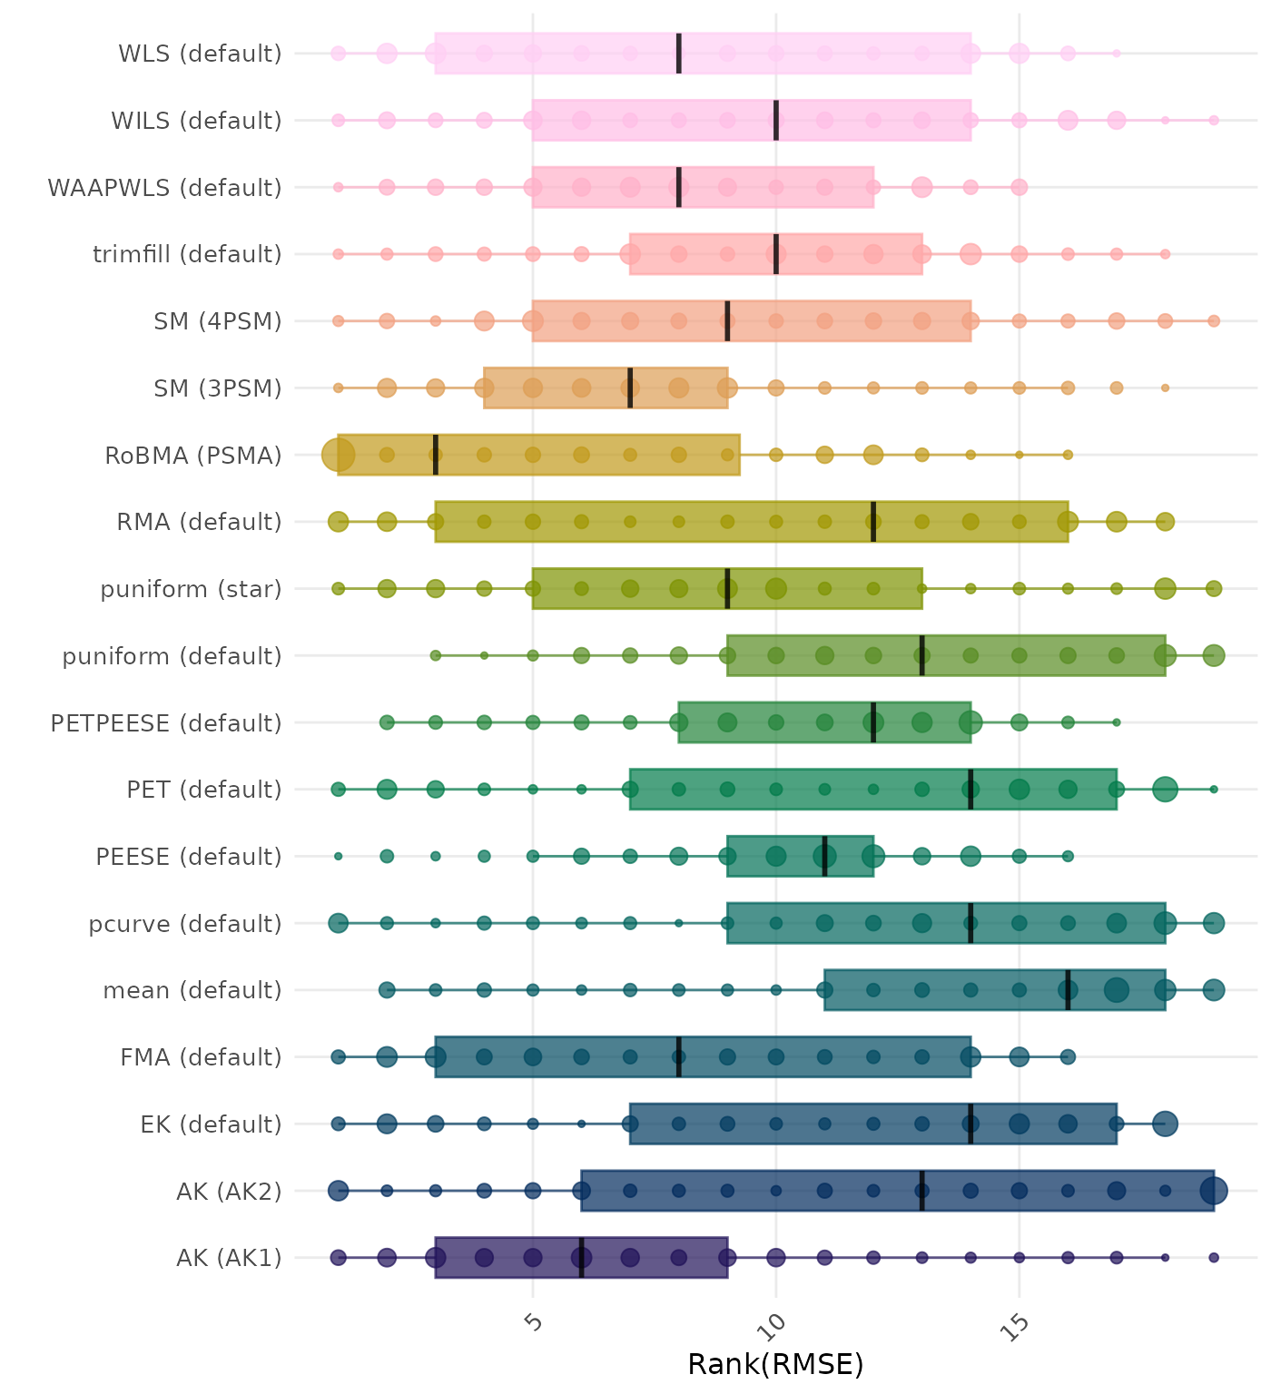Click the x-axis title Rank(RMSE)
[775, 1364]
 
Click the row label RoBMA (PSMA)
[193, 456]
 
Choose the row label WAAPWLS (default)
[164, 188]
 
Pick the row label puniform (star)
[191, 590]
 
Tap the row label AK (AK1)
[229, 1258]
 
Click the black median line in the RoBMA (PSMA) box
[436, 455]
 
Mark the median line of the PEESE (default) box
[824, 856]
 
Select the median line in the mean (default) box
[1068, 990]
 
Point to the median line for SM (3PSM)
[630, 388]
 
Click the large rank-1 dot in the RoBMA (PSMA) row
[339, 455]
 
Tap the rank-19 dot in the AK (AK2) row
[1214, 1191]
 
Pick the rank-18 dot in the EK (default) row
[1165, 1124]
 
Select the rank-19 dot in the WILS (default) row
[1214, 120]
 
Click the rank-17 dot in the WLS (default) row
[1117, 54]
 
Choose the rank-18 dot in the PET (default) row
[1165, 790]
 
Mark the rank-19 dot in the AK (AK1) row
[1214, 1257]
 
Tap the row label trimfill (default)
[187, 254]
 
